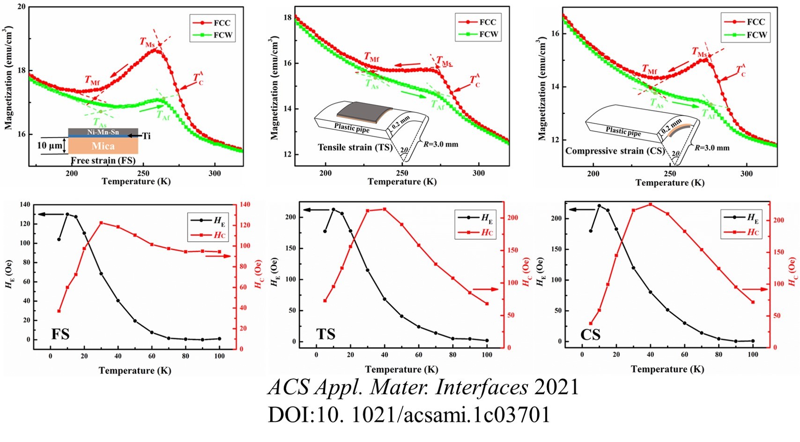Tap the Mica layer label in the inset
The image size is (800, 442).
103,146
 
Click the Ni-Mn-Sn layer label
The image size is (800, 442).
103,132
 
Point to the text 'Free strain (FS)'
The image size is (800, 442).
103,161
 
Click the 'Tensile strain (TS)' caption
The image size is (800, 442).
355,147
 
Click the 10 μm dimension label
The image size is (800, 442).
50,146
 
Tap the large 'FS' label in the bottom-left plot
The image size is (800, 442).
60,334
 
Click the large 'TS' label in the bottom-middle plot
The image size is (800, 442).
326,334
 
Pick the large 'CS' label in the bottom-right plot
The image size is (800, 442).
590,335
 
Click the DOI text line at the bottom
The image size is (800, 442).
409,415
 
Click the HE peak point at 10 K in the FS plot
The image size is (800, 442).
67,214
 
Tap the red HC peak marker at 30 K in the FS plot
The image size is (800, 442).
101,223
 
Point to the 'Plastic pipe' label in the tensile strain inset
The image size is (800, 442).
352,128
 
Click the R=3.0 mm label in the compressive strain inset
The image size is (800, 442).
712,148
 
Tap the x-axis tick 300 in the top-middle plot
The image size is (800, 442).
479,173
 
